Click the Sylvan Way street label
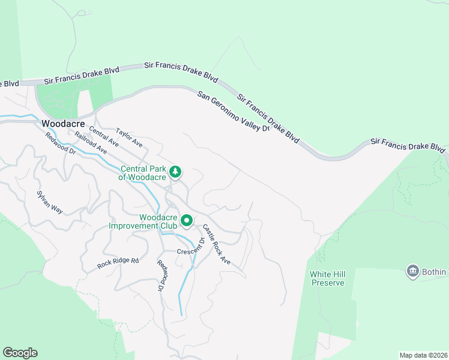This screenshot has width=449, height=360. (x=49, y=202)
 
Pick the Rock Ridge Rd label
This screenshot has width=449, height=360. (x=118, y=263)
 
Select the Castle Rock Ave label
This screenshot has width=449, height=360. (x=216, y=245)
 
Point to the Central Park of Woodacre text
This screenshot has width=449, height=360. (x=143, y=173)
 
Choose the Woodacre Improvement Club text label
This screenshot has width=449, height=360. (x=143, y=221)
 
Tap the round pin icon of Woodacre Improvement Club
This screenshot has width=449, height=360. (x=187, y=221)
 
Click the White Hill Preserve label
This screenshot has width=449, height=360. (x=327, y=278)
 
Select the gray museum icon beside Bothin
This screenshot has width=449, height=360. (x=412, y=271)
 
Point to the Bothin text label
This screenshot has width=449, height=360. (x=435, y=272)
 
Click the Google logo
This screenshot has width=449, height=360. (x=20, y=353)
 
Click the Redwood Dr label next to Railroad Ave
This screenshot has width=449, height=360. (x=61, y=144)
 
